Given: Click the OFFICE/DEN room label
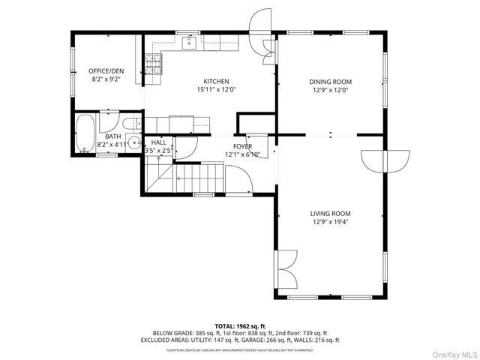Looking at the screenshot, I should click(x=105, y=70).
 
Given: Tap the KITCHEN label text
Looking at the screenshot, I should click(x=216, y=82).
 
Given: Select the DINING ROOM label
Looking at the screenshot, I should click(x=331, y=82).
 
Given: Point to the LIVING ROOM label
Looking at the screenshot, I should click(x=331, y=213).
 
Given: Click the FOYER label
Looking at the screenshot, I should click(x=242, y=146).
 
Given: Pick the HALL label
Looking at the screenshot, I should click(x=159, y=142).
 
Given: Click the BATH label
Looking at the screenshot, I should click(x=112, y=136).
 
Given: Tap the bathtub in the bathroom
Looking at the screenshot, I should click(x=85, y=133).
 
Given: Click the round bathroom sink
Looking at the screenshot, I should click(x=134, y=143).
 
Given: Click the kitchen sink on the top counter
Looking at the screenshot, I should click(x=190, y=42).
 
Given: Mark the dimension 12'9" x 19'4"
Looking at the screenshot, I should click(x=331, y=222).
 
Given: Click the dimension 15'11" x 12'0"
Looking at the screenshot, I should click(x=216, y=90).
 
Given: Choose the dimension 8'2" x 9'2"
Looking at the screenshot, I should click(x=105, y=79).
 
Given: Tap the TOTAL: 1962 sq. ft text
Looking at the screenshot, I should click(x=240, y=325).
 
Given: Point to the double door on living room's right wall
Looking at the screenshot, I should click(x=385, y=160).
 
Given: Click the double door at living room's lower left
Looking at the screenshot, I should click(x=283, y=268).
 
